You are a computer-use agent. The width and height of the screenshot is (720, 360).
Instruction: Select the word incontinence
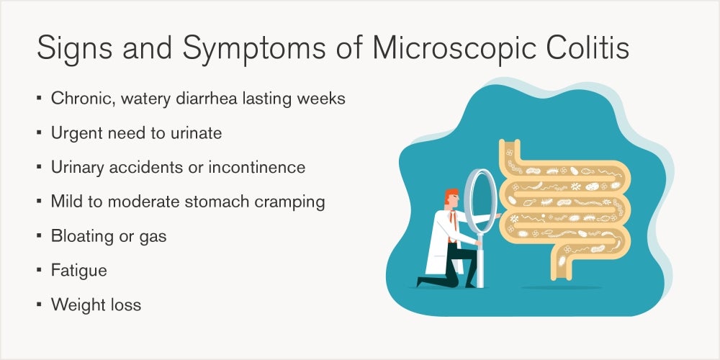(257, 167)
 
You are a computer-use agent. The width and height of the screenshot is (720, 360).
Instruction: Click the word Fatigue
(79, 271)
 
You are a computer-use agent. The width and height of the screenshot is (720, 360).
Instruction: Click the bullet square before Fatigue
(39, 270)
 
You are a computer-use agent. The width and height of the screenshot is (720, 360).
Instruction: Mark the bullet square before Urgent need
(39, 132)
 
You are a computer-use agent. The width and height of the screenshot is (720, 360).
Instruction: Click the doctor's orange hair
(450, 195)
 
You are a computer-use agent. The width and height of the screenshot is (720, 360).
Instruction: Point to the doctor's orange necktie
(453, 225)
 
